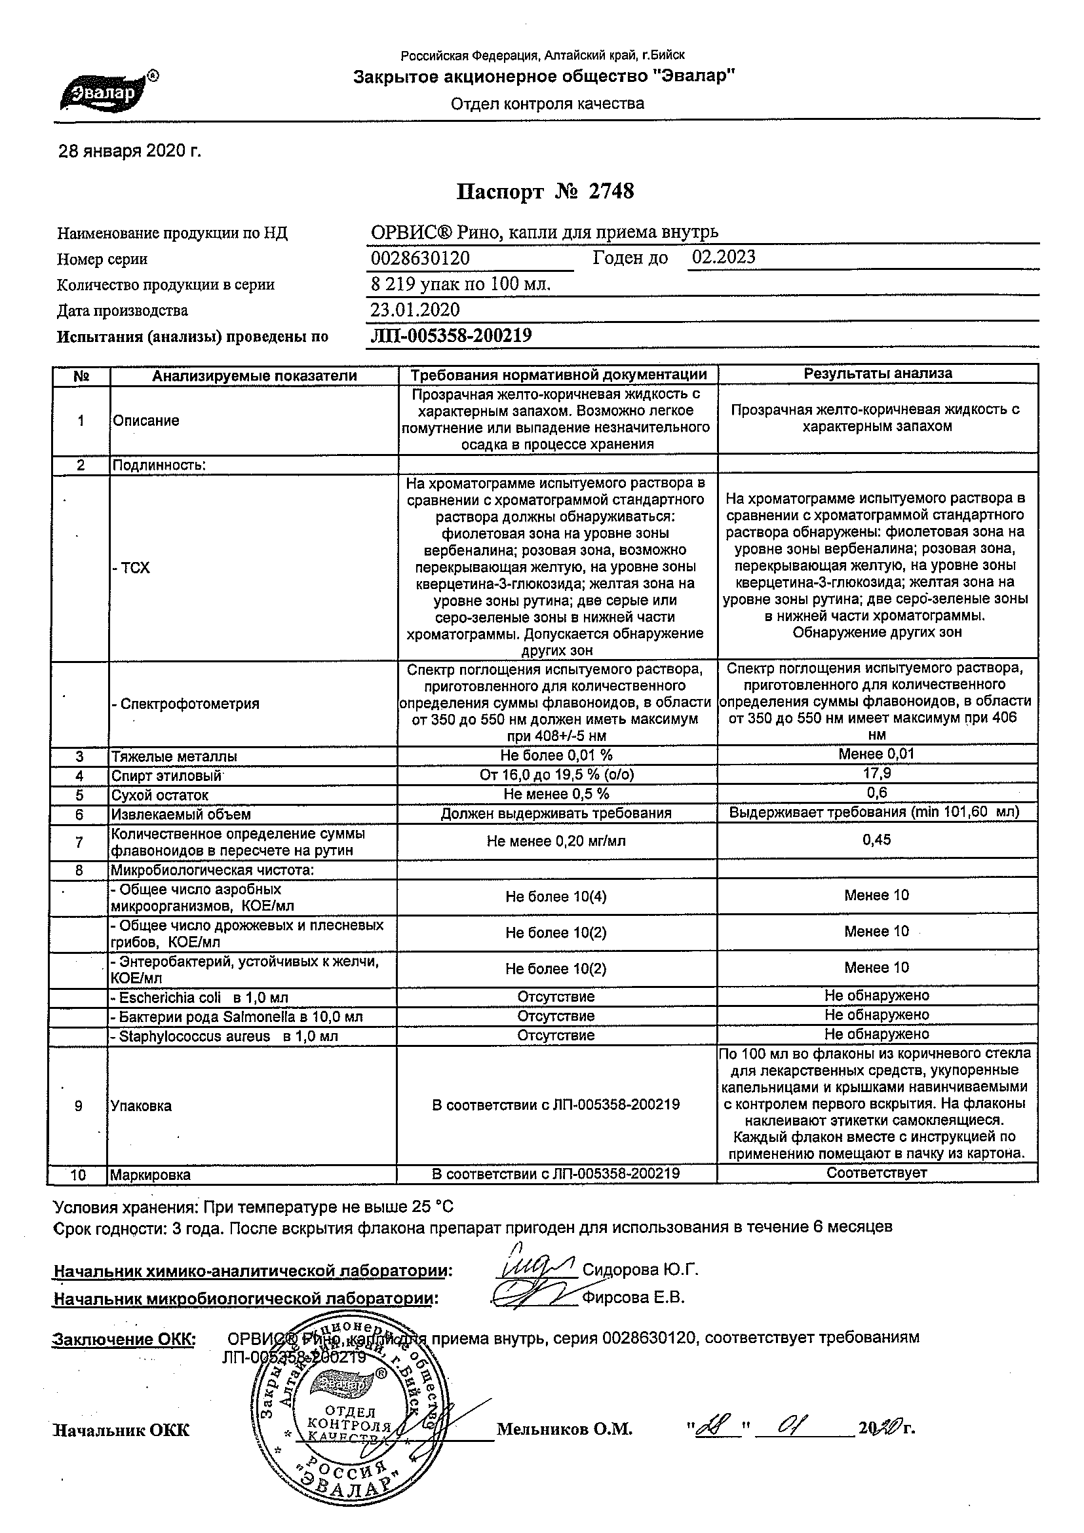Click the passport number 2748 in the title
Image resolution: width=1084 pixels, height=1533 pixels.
pos(611,193)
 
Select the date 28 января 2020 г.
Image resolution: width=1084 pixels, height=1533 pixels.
pos(130,151)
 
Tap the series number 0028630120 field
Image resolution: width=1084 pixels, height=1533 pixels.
pos(420,258)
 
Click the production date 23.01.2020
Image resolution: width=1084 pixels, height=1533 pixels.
pos(415,310)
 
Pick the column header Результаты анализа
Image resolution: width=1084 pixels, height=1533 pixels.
pos(878,374)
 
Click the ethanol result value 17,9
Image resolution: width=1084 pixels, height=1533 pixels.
pos(877,774)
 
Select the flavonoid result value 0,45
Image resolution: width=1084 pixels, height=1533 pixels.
pos(877,840)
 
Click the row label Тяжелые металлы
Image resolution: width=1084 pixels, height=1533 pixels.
pos(174,757)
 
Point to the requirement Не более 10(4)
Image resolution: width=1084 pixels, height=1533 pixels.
pos(556,897)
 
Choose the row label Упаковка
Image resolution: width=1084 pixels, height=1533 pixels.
pos(142,1106)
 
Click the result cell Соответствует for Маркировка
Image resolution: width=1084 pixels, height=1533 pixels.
pos(877,1173)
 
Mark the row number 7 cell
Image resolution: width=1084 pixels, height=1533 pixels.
pos(80,842)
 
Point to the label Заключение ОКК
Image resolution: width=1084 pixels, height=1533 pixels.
pos(125,1338)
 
